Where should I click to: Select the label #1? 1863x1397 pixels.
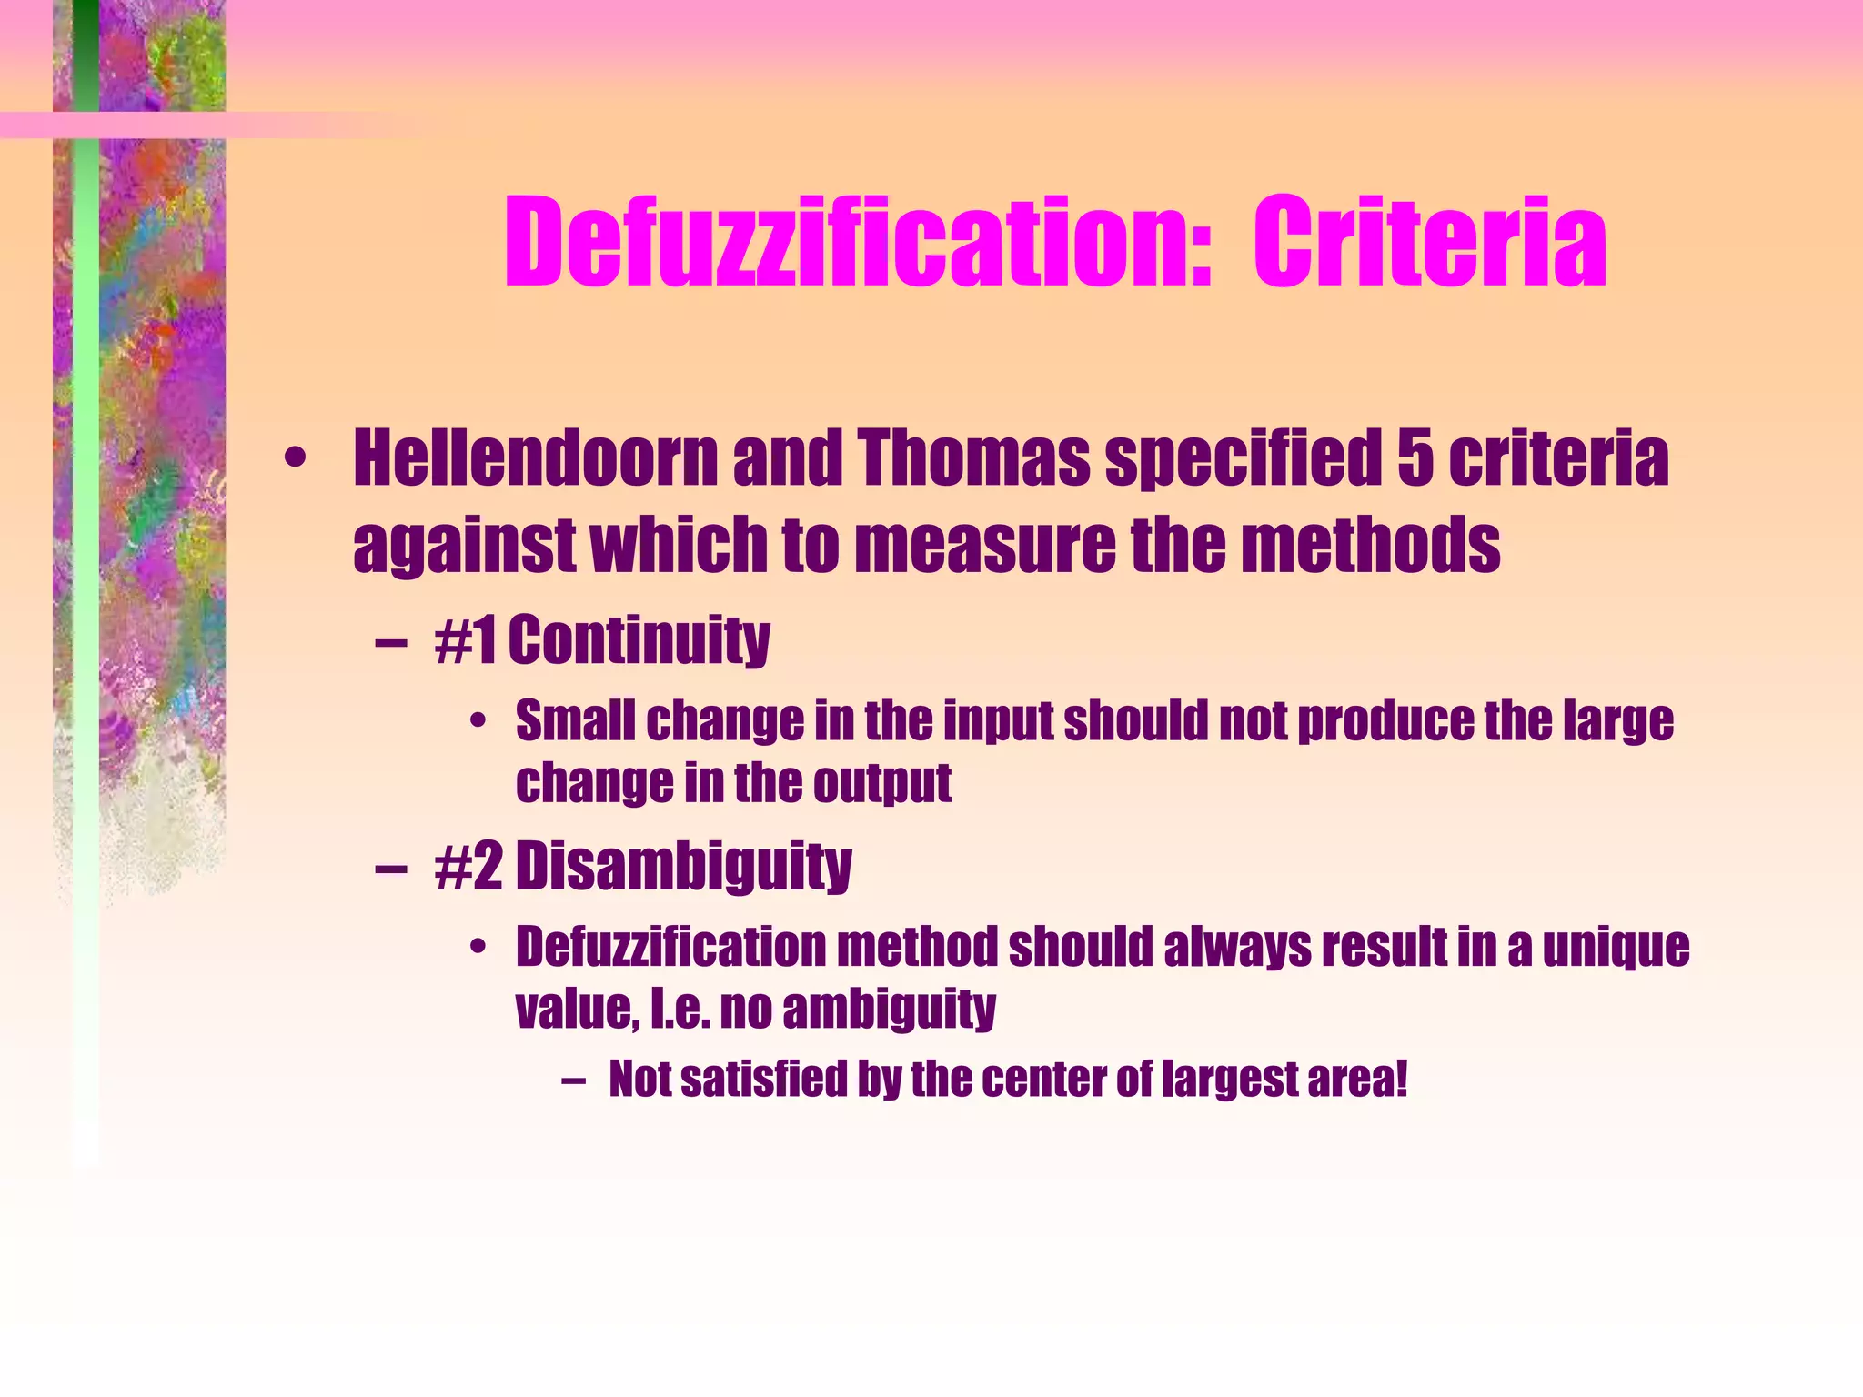466,639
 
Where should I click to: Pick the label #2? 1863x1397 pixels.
468,866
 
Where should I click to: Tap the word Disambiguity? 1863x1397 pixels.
683,868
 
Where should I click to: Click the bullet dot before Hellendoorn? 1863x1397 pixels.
293,459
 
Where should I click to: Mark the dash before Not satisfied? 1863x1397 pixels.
573,1081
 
